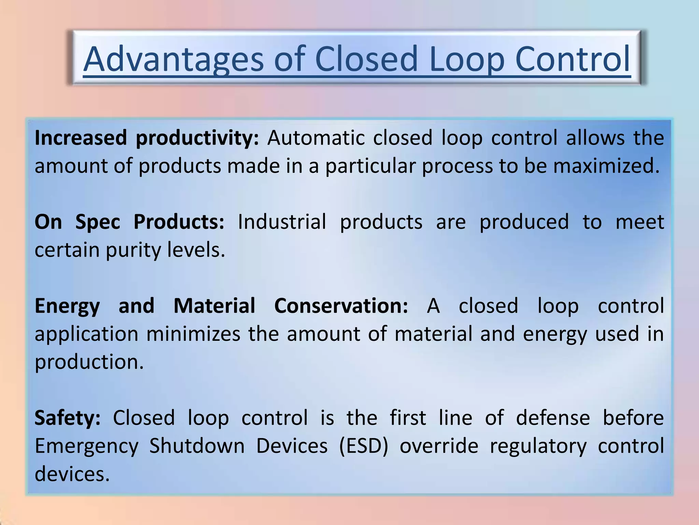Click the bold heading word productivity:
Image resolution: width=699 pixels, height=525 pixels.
[197, 138]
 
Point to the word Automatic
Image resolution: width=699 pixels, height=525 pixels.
[316, 138]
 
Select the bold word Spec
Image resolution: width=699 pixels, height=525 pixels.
[98, 222]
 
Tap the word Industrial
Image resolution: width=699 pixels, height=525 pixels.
[282, 222]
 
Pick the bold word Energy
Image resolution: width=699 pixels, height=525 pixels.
[67, 306]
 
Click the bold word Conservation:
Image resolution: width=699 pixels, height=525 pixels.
[341, 306]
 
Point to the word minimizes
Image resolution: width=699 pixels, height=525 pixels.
[193, 334]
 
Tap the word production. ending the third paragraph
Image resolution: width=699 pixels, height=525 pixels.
[89, 362]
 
